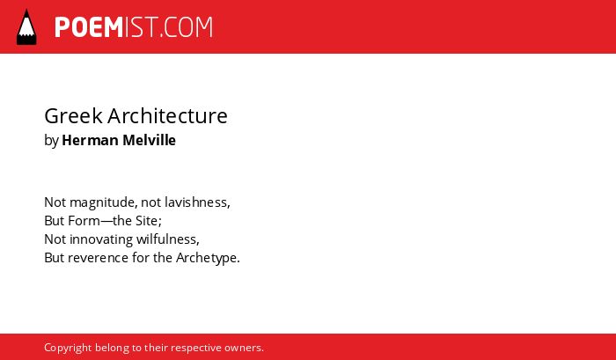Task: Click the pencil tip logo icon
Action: pyautogui.click(x=26, y=27)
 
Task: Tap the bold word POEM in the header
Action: pyautogui.click(x=89, y=27)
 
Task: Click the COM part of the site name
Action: pyautogui.click(x=188, y=27)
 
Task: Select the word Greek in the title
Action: pyautogui.click(x=73, y=116)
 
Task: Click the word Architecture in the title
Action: pyautogui.click(x=168, y=116)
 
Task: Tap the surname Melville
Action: pyautogui.click(x=150, y=140)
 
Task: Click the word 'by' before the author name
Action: pyautogui.click(x=51, y=141)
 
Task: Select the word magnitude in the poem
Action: pyautogui.click(x=103, y=202)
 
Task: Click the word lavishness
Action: pyautogui.click(x=197, y=202)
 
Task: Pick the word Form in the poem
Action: pyautogui.click(x=84, y=221)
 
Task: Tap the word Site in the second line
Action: pyautogui.click(x=148, y=221)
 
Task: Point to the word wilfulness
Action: pyautogui.click(x=168, y=239)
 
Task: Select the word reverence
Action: pyautogui.click(x=98, y=258)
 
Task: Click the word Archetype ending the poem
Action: pyautogui.click(x=208, y=258)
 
